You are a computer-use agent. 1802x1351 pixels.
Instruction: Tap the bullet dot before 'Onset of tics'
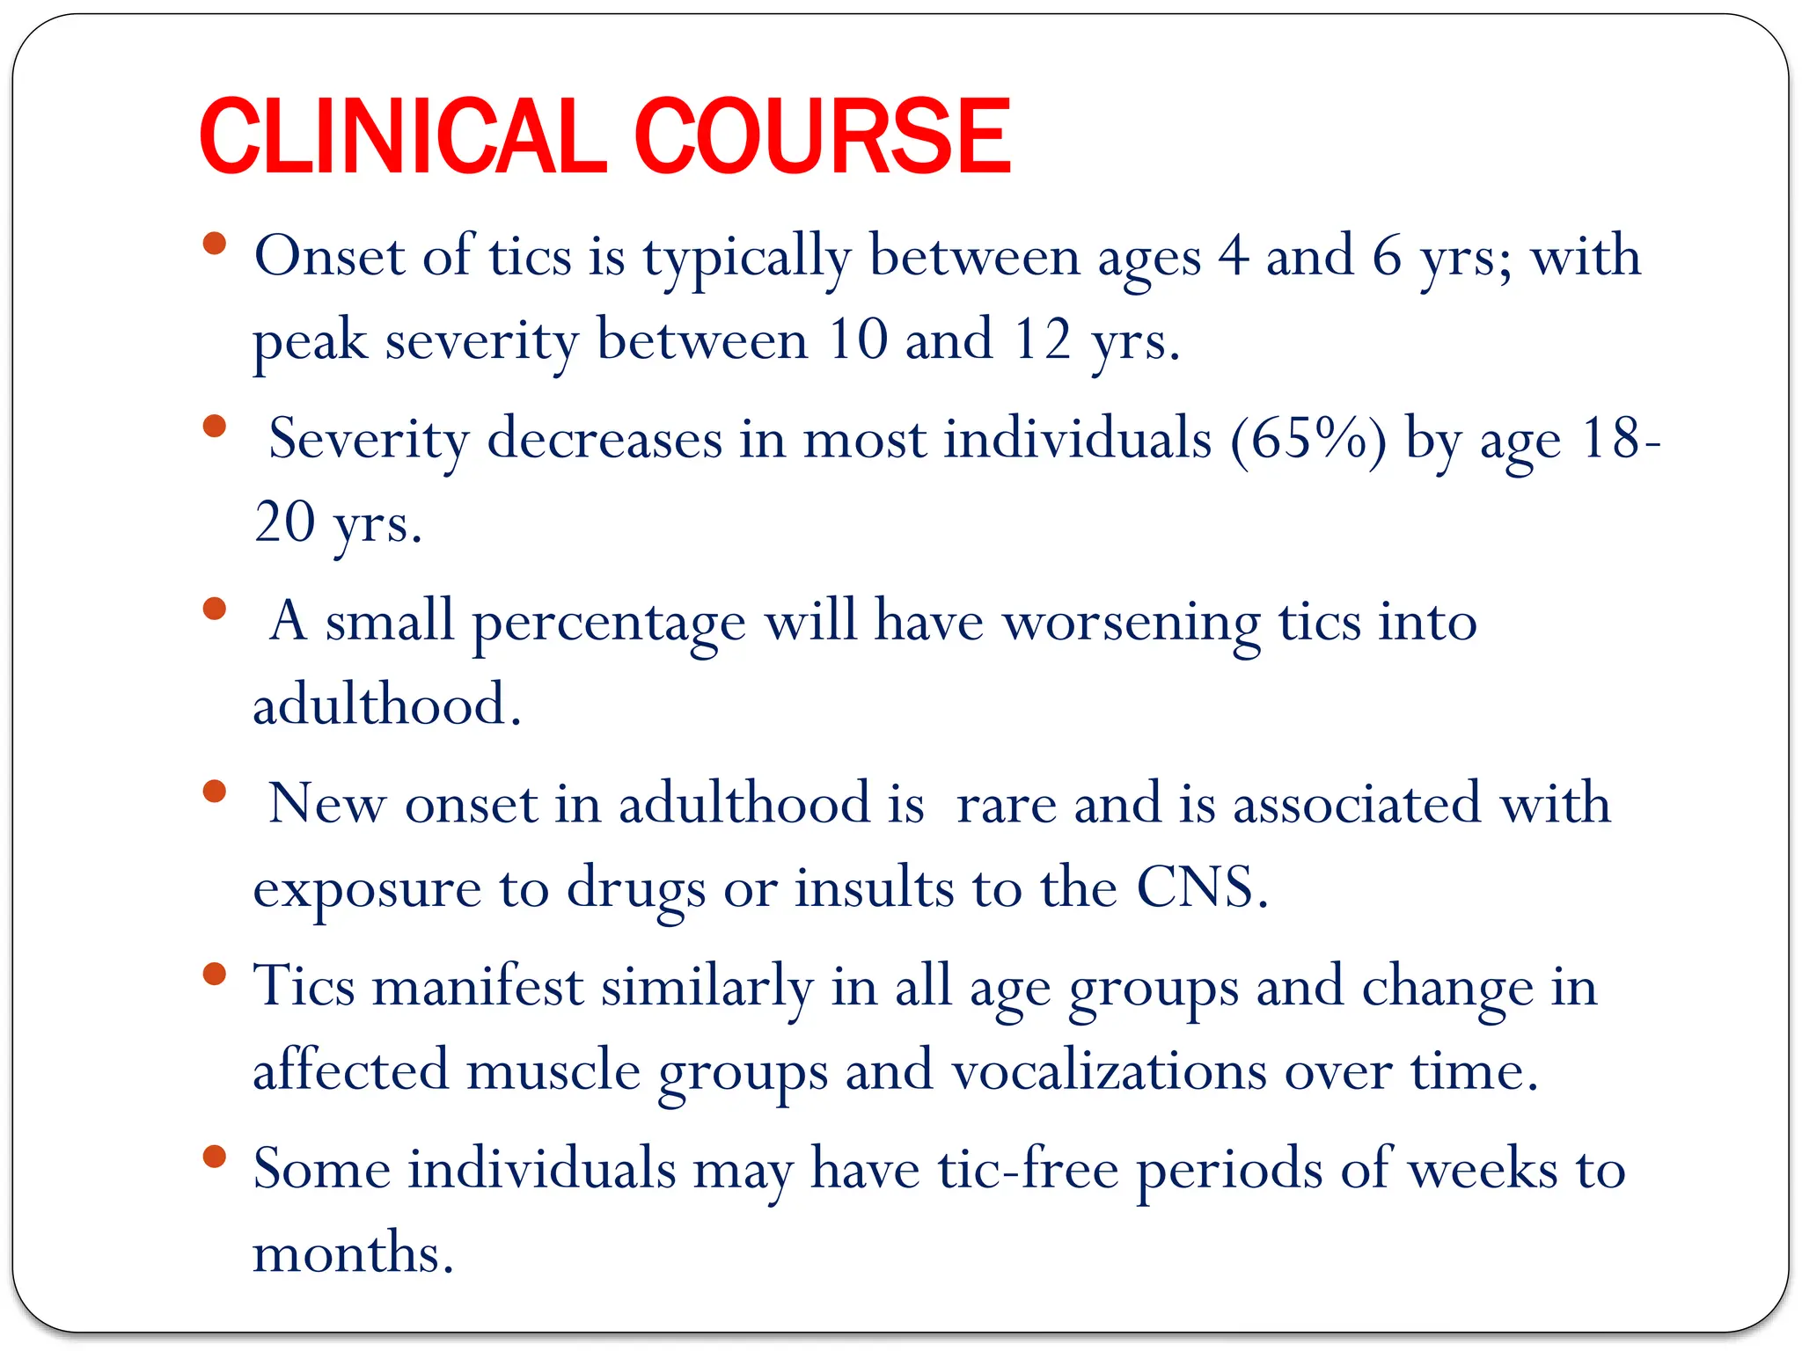click(214, 244)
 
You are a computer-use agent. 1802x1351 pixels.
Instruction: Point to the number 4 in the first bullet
click(1233, 257)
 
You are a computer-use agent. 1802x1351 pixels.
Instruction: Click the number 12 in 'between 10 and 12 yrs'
click(1042, 340)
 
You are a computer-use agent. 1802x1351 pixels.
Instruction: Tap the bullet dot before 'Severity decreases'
click(214, 427)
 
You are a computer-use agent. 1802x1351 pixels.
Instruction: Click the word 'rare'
click(1006, 805)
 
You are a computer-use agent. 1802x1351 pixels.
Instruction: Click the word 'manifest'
click(478, 987)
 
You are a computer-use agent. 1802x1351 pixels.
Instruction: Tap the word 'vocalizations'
click(1109, 1071)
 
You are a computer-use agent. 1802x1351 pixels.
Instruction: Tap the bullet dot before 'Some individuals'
click(214, 1157)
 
